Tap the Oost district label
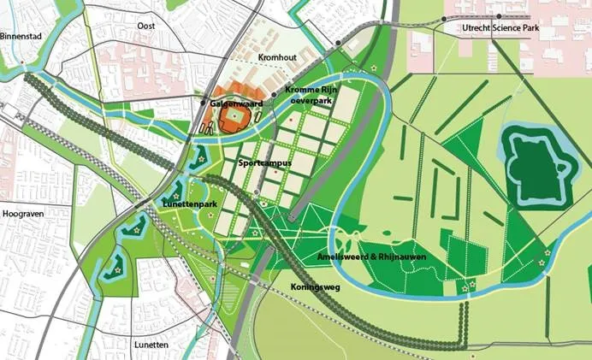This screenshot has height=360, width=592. pos(145,27)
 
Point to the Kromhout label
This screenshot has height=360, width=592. pos(276,57)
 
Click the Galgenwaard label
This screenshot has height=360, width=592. pos(237,103)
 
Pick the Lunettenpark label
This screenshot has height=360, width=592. pos(189,205)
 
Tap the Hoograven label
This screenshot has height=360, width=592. pos(23,214)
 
